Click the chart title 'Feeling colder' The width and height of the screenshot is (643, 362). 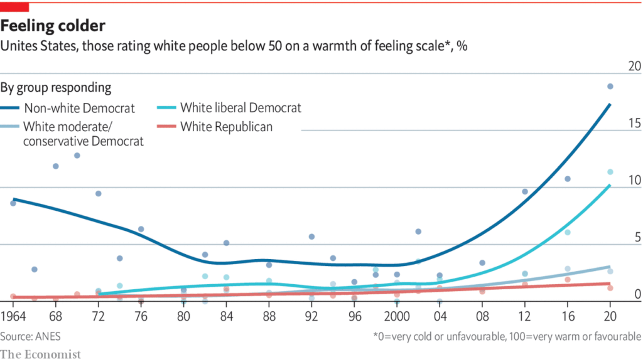pos(53,26)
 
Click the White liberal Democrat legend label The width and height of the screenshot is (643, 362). pos(240,108)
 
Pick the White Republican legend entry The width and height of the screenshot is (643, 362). pos(226,127)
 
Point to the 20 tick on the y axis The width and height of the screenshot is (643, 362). pos(634,67)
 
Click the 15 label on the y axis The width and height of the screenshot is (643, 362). pos(634,124)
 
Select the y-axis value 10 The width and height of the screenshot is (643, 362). pos(634,181)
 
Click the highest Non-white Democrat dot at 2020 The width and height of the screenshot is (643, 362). pos(610,87)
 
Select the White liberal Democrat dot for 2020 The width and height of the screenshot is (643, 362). pos(610,172)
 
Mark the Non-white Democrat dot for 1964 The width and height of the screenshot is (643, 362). pos(13,203)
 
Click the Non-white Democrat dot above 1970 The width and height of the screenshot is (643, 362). pos(77,155)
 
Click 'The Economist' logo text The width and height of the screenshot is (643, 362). pos(41,354)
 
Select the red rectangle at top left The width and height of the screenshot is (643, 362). pos(14,6)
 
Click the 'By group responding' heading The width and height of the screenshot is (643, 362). pos(56,88)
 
